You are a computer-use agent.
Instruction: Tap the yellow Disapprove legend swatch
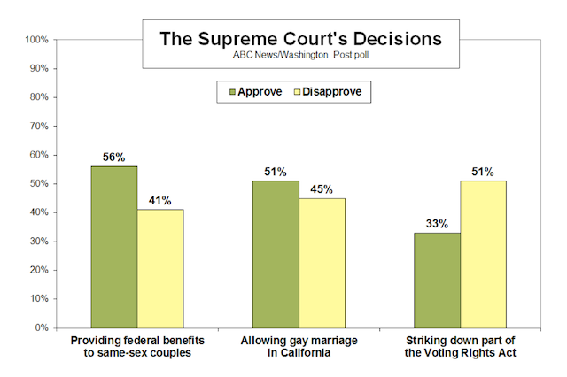tap(299, 90)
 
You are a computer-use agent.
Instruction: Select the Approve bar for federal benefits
tap(114, 247)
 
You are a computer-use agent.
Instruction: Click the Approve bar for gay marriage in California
tap(276, 254)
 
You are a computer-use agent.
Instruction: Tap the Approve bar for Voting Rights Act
tap(437, 280)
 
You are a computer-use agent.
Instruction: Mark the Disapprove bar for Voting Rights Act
tap(483, 254)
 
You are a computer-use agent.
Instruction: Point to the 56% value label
tap(114, 157)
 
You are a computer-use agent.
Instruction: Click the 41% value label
tap(160, 200)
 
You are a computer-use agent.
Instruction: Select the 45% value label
tap(322, 188)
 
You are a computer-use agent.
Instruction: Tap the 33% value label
tap(437, 223)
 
